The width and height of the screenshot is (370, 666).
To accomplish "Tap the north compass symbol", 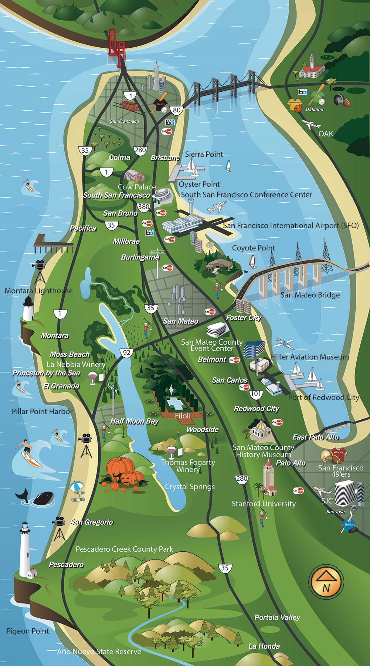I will click(326, 582).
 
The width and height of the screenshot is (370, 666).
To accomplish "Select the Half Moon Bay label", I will click(134, 421).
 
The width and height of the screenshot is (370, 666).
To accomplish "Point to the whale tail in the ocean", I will click(23, 494).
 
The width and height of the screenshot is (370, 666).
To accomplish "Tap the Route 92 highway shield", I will click(126, 352).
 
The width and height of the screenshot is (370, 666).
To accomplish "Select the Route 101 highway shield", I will click(256, 394).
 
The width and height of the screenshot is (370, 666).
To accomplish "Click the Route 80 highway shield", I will click(177, 110).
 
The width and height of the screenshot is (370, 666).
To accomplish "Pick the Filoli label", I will click(183, 416).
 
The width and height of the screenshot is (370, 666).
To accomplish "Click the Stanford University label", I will click(264, 504).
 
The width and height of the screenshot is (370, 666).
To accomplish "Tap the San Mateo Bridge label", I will click(310, 295).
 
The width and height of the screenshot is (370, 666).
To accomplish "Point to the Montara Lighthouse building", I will click(28, 309).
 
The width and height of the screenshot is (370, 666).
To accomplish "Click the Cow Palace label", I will click(136, 187).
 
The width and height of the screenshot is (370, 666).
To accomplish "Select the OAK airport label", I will click(326, 133).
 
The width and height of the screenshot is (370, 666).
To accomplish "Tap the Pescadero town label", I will click(66, 565).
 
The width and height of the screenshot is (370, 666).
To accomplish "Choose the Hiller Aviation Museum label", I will click(310, 357).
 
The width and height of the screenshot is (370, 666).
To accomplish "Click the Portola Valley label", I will click(277, 617).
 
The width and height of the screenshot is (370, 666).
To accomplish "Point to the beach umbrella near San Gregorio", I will click(77, 486).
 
